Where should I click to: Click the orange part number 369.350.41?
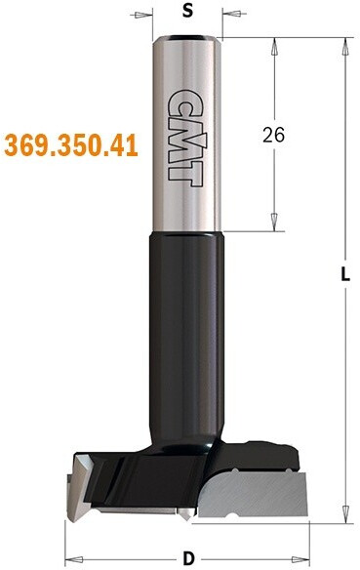(x=71, y=145)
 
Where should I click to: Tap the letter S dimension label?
(x=187, y=11)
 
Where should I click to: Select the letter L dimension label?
(x=345, y=274)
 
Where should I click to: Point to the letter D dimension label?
(x=188, y=558)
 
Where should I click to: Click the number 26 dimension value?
(x=274, y=136)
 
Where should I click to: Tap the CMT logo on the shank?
(x=186, y=139)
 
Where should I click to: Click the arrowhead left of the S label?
(x=143, y=15)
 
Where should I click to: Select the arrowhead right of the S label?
(x=231, y=15)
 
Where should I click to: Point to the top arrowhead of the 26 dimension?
(x=274, y=47)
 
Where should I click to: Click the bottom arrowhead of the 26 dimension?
(x=274, y=222)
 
